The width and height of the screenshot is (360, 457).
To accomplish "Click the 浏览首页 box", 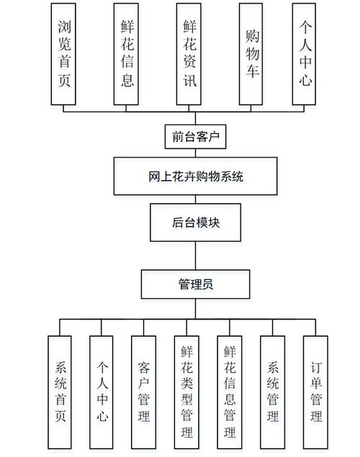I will pos(64,53).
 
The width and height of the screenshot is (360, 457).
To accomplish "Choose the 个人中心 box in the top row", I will pos(306,53).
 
